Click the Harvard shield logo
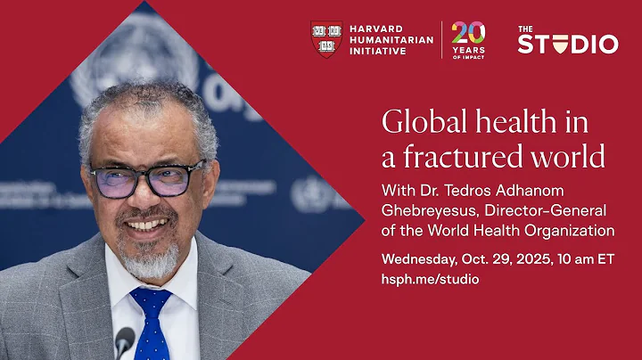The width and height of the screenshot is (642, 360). tap(326, 39)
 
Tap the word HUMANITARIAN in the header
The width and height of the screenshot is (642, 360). tap(391, 39)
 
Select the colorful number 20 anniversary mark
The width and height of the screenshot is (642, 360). tap(468, 34)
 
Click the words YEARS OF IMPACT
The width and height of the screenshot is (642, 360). tap(468, 52)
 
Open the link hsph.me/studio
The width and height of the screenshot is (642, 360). tap(430, 279)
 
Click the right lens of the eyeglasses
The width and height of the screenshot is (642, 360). tap(178, 181)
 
